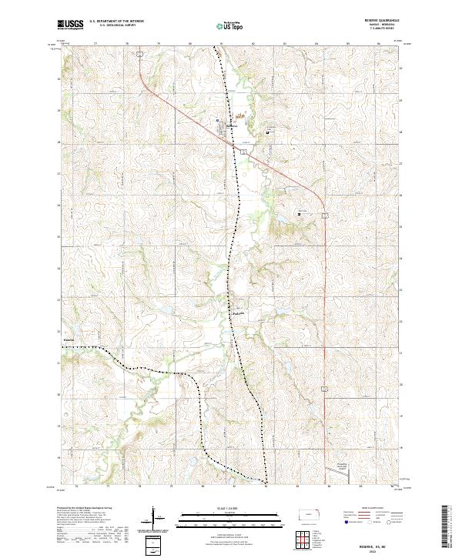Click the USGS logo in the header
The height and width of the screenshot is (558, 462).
click(x=71, y=25)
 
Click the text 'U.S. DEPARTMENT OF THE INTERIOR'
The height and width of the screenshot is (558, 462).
click(x=116, y=22)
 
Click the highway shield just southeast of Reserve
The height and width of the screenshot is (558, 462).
click(x=243, y=152)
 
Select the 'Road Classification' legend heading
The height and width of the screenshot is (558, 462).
click(x=365, y=509)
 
